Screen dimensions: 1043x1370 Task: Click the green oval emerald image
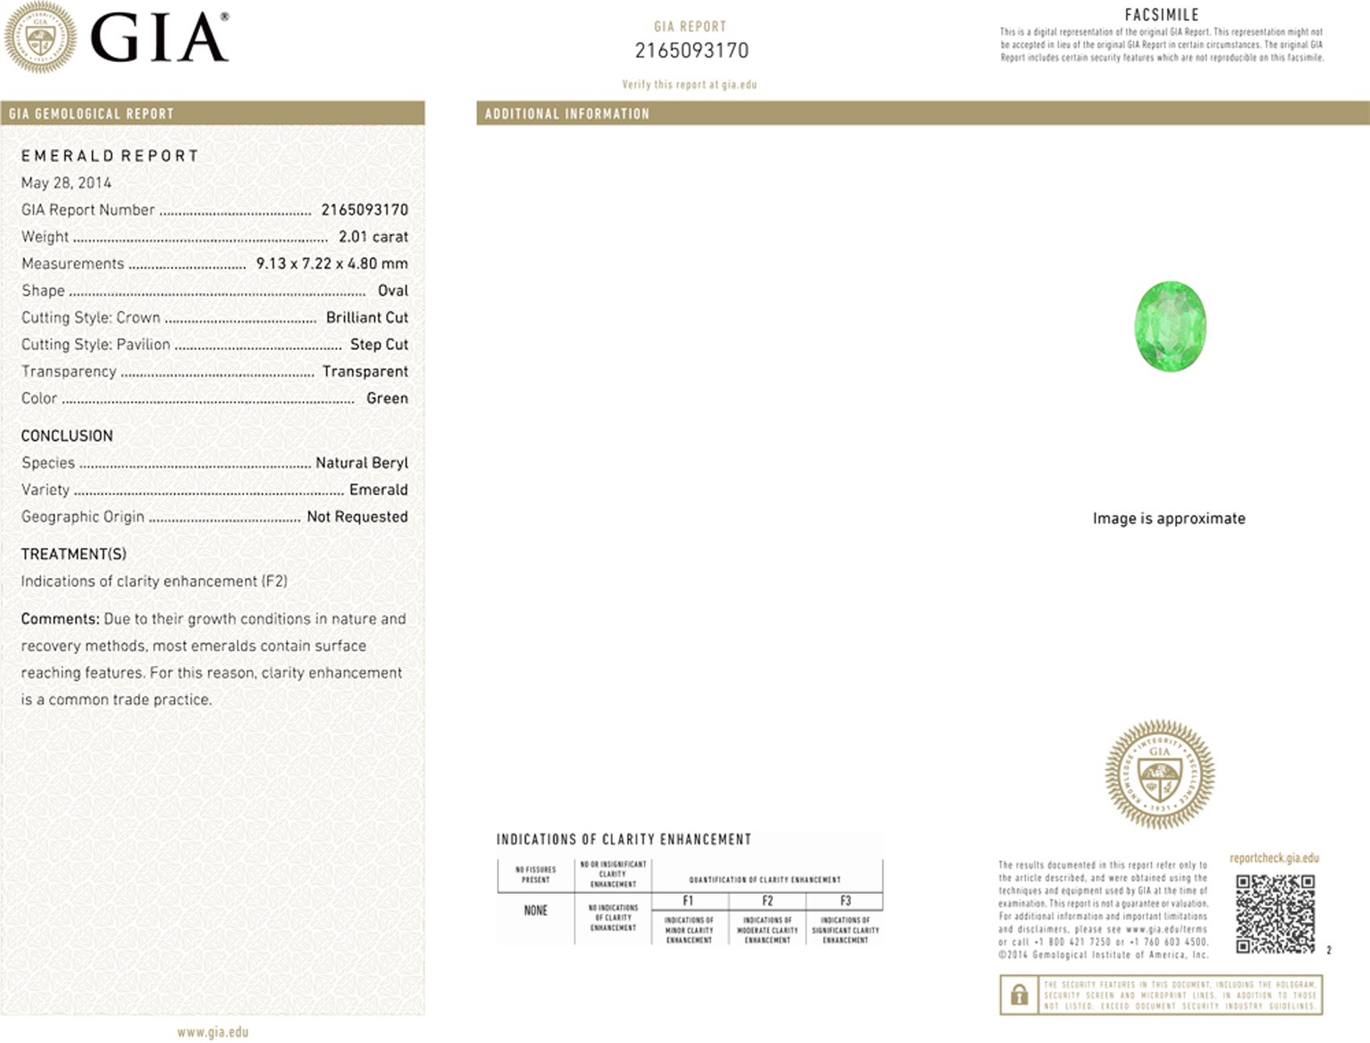[1170, 326]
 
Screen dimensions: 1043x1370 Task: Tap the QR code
[1275, 914]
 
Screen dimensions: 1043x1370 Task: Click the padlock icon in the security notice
[1019, 995]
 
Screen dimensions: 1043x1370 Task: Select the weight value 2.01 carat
[373, 237]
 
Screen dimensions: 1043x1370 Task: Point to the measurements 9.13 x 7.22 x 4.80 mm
[332, 264]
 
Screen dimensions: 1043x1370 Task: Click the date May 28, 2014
[66, 183]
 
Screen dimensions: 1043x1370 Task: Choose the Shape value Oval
[393, 291]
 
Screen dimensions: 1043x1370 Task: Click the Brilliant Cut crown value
[367, 318]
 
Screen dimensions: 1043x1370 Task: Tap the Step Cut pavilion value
[379, 345]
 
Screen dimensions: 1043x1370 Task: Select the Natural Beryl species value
[362, 463]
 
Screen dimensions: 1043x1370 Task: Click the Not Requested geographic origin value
[357, 517]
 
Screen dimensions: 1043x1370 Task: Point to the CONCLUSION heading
[67, 436]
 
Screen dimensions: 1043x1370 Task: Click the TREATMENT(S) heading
[73, 555]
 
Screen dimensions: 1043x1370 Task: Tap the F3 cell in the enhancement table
[845, 901]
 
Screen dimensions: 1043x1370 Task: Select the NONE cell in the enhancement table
[536, 911]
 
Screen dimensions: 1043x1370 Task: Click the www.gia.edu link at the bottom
[213, 1033]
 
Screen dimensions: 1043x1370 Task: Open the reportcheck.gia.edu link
[1274, 858]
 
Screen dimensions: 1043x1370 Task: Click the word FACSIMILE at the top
[1161, 15]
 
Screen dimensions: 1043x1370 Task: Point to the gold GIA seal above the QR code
[1160, 775]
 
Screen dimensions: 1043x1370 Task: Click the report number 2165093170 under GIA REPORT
[691, 51]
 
